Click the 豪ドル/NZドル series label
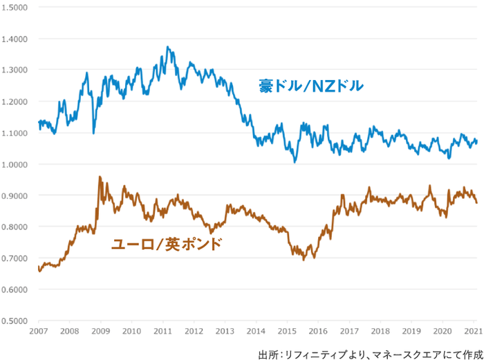click(x=311, y=87)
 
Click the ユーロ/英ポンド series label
click(x=167, y=244)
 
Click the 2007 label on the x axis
click(x=39, y=332)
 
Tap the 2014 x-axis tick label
click(x=257, y=332)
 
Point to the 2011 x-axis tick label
click(x=163, y=332)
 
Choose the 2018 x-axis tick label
click(x=382, y=332)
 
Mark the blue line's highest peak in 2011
click(x=168, y=47)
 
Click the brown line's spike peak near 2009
click(x=100, y=176)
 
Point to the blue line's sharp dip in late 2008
click(x=93, y=133)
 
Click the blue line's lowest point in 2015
click(x=295, y=162)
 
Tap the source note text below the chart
click(x=370, y=354)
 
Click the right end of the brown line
click(x=476, y=202)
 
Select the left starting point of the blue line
click(x=39, y=122)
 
